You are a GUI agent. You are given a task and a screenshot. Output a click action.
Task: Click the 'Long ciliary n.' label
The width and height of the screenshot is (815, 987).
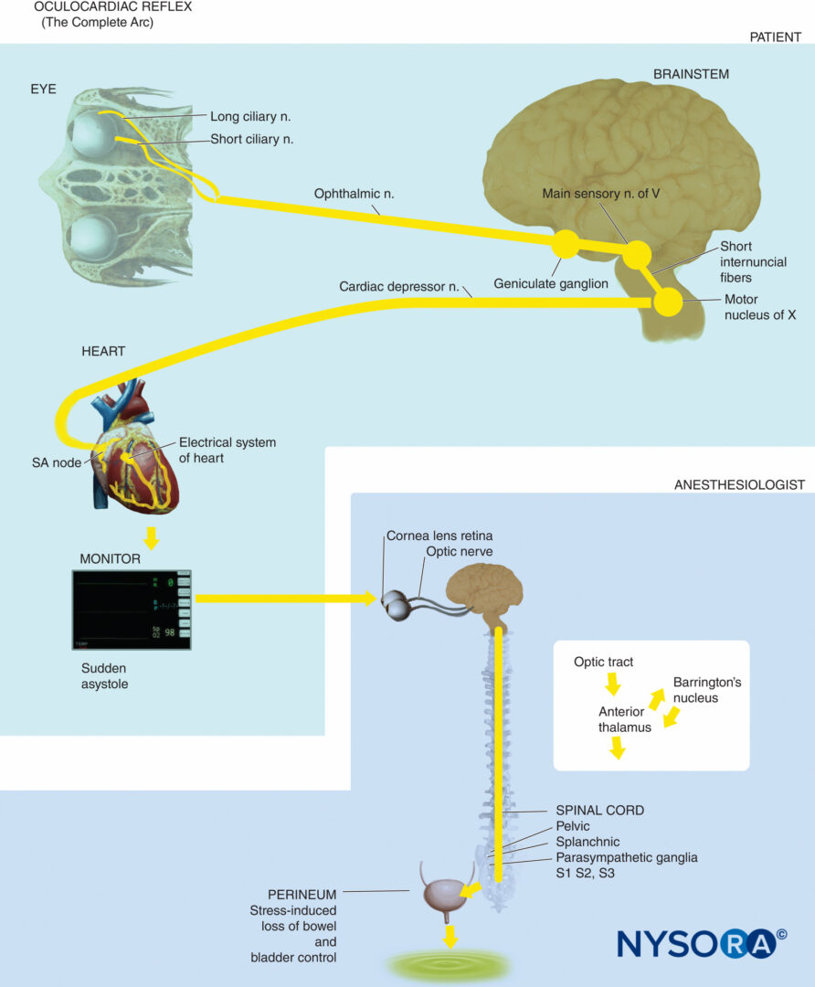pos(250,116)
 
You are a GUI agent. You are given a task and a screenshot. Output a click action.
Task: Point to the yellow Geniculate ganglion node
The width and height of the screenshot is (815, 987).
pos(566,244)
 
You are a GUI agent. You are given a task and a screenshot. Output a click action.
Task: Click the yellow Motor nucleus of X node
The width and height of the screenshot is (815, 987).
pos(668,302)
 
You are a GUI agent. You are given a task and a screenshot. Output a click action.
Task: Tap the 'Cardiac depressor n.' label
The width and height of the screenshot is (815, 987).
pos(398,286)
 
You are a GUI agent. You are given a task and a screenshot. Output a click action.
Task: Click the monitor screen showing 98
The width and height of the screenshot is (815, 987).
pos(132,610)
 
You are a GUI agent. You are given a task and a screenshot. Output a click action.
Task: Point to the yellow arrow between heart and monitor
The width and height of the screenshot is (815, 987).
pos(153,537)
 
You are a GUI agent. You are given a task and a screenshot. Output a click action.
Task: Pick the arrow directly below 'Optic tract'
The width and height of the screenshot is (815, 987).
pos(612,683)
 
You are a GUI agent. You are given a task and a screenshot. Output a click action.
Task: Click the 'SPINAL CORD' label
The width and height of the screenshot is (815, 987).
pos(599,810)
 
